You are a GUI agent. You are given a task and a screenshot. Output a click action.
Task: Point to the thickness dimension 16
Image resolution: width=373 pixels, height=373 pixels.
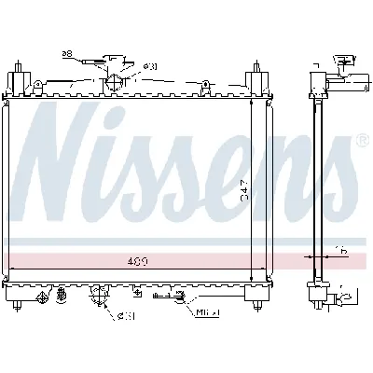(x=341, y=251)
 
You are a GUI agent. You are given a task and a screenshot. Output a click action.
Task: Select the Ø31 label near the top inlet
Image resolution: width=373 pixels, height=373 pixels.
(x=149, y=65)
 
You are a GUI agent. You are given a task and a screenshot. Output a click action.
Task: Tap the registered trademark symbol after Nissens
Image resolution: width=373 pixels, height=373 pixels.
(x=362, y=141)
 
